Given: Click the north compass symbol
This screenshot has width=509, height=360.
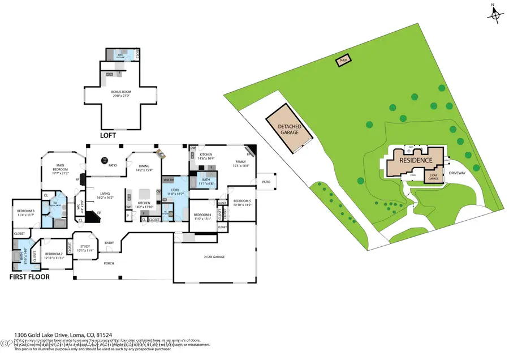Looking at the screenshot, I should [495, 14].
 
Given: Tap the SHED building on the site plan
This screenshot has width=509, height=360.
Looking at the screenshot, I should [343, 61].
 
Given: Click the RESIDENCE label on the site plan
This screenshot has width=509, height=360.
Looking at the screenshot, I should [416, 160].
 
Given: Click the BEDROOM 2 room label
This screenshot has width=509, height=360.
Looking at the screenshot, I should [53, 255].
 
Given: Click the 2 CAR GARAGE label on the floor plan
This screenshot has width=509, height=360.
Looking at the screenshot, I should [214, 257].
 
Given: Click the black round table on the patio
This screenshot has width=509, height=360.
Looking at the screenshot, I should [105, 160].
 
